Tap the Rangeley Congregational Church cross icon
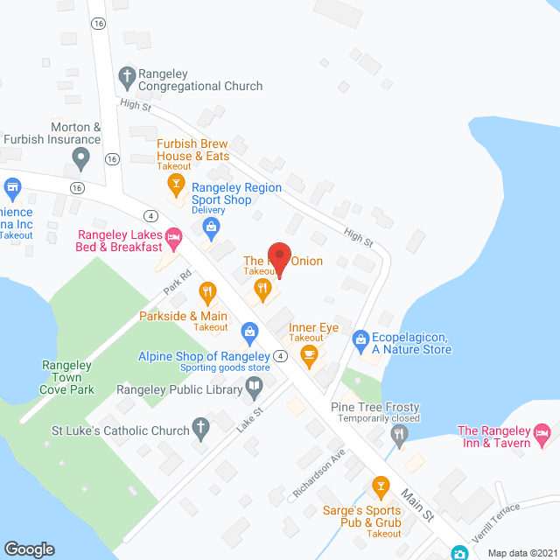[127, 75]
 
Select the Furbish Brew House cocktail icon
[176, 184]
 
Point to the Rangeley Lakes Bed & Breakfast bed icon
[174, 235]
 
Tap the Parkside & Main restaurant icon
[207, 291]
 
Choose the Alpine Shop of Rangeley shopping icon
[250, 332]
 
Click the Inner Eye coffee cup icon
[308, 353]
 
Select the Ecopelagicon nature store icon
[360, 339]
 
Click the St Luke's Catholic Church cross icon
[200, 430]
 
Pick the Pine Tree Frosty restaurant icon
[400, 432]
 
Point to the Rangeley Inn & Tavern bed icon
[542, 432]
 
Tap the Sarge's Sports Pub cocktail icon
[380, 485]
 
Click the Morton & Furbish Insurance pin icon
[81, 159]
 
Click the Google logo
[29, 549]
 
